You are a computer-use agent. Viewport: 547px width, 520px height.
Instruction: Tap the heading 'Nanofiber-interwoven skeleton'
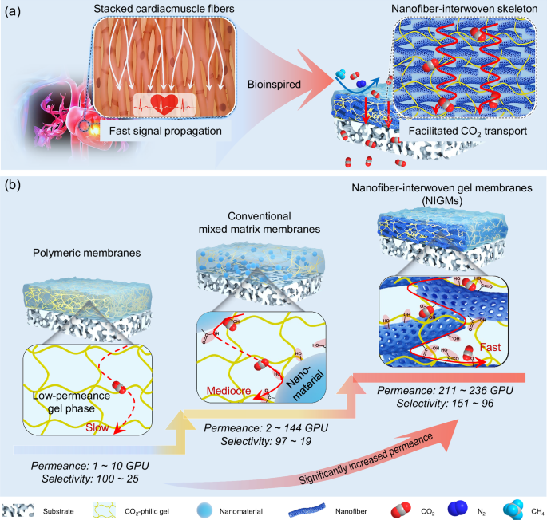pos(456,10)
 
